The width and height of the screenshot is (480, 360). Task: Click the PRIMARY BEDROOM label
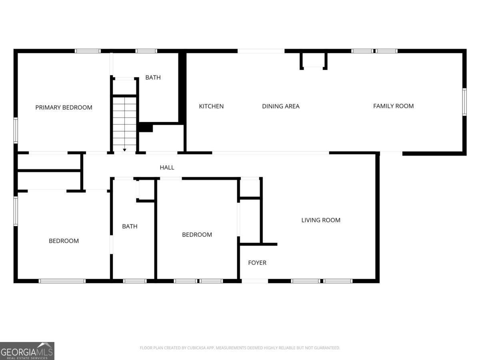(x=64, y=107)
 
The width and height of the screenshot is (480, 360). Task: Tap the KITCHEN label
(x=211, y=106)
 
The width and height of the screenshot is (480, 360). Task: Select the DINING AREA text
(x=280, y=106)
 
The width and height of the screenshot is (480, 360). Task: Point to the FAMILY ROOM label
(x=393, y=106)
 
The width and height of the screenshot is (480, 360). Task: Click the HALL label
(x=167, y=167)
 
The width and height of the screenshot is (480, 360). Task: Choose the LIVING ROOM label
(x=321, y=220)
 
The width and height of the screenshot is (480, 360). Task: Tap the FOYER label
(x=257, y=262)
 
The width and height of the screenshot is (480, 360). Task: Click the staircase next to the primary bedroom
(x=124, y=122)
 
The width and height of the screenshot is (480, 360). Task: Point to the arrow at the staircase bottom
(x=124, y=150)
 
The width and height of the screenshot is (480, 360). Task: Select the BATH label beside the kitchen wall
(x=153, y=77)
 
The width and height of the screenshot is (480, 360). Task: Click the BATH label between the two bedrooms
(x=130, y=226)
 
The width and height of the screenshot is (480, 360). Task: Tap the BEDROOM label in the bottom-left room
(x=64, y=241)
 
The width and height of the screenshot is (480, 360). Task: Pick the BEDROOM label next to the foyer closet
(x=197, y=234)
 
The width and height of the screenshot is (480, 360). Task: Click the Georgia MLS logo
(x=27, y=351)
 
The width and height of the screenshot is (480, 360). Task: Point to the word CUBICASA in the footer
(x=198, y=348)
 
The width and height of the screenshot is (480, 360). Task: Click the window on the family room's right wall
(x=464, y=102)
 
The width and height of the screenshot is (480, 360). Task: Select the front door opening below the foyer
(x=255, y=281)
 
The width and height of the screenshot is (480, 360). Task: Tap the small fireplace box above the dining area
(x=314, y=61)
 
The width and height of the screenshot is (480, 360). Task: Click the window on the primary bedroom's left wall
(x=16, y=130)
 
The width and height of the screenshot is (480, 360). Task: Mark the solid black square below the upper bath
(x=145, y=128)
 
